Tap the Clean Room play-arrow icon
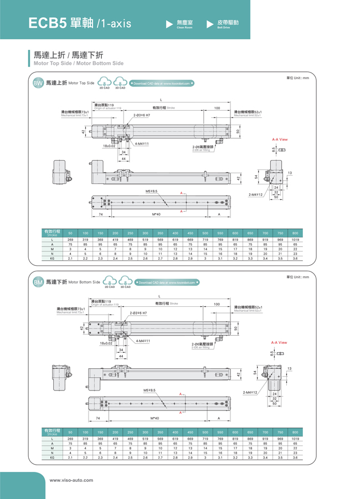170,24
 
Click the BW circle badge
38,83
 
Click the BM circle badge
38,282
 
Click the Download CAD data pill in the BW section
161,83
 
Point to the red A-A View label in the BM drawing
279,342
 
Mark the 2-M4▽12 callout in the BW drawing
256,194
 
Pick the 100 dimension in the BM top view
217,304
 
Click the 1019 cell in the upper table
295,239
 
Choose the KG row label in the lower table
52,458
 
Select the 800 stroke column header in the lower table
295,431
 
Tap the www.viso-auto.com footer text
71,480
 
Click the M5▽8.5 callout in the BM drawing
151,390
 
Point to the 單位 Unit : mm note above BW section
297,78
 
